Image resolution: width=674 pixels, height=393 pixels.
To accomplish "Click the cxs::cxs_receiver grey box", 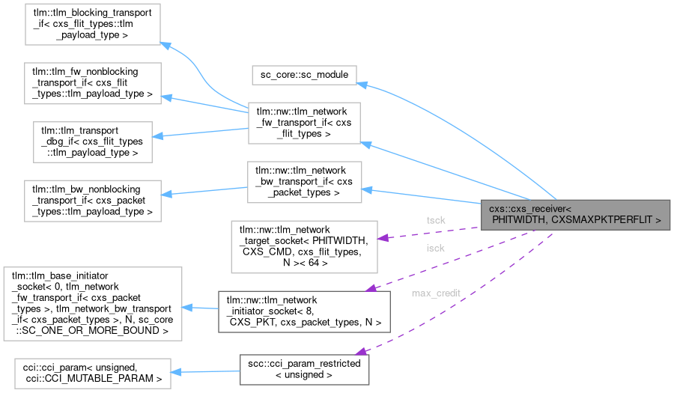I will (x=575, y=214).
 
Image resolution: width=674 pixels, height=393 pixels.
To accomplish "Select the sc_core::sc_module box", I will (x=304, y=76).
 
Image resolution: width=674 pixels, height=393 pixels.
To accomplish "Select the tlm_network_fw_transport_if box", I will (x=304, y=124).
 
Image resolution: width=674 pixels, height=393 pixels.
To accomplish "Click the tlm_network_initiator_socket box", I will (x=303, y=311).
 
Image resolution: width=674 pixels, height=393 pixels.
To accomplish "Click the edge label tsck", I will (x=435, y=221).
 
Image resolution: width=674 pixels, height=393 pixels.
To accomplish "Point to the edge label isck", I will (x=435, y=248).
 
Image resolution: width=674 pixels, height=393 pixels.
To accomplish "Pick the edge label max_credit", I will (x=435, y=293).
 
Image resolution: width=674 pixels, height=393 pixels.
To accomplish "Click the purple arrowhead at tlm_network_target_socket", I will (x=381, y=238).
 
